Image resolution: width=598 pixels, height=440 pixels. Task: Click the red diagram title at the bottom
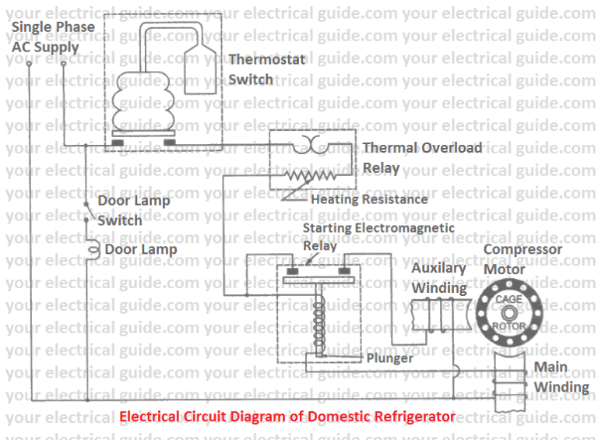coord(287,417)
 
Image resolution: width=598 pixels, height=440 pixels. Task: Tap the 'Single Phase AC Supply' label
coord(53,37)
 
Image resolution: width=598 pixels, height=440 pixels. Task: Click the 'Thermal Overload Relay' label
coord(421,157)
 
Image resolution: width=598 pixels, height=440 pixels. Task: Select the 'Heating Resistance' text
coord(369,199)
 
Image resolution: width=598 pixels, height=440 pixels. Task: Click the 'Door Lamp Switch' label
coord(133,210)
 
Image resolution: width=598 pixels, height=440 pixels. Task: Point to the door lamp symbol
coord(93,249)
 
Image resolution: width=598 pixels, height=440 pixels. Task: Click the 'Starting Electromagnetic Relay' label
coord(378,236)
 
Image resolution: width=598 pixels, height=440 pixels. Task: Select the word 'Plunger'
coord(389,358)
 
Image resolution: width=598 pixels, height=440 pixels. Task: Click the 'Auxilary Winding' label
coord(438,277)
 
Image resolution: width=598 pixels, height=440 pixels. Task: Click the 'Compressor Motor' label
coord(522,259)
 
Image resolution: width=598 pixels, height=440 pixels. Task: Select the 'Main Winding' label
coord(561,377)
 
